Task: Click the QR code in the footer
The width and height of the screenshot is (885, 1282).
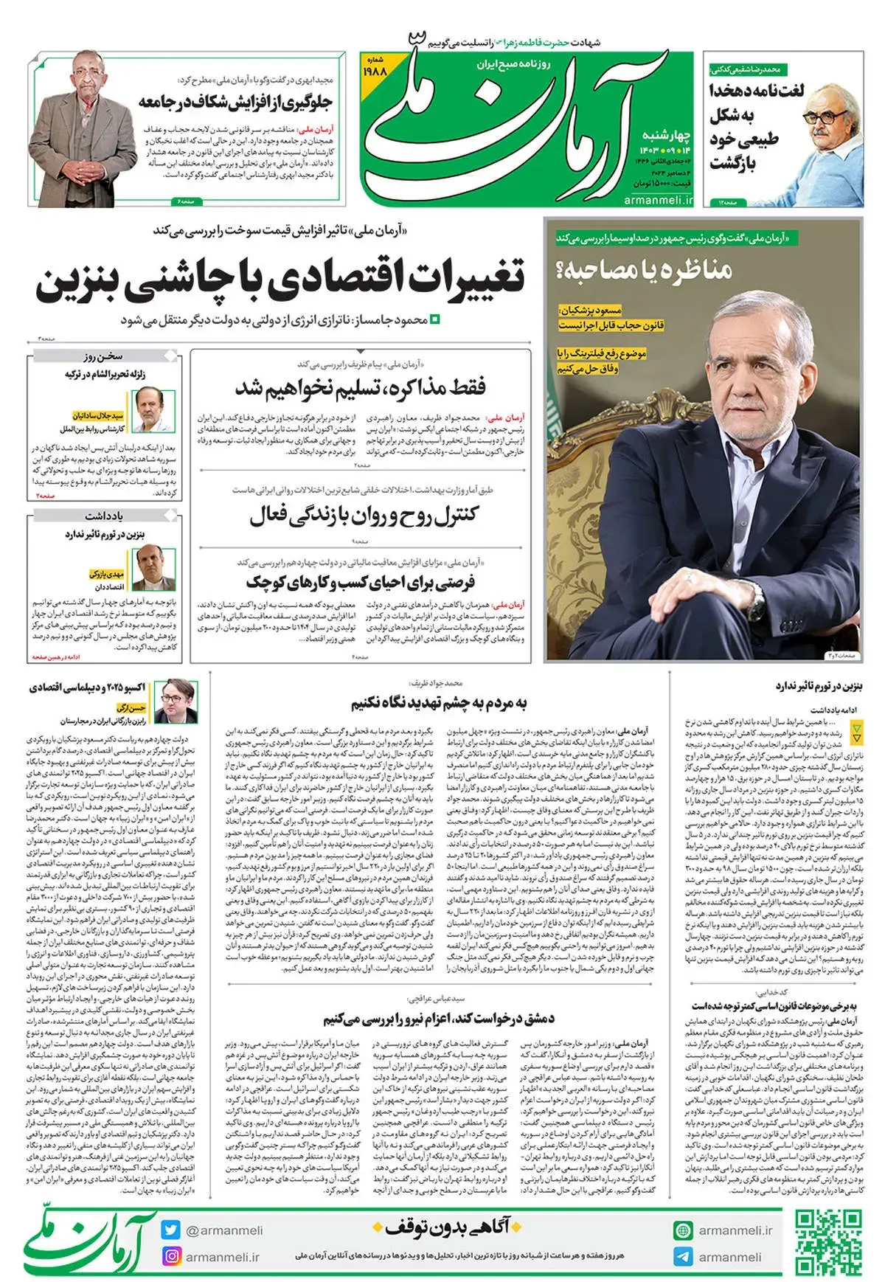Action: pyautogui.click(x=828, y=1242)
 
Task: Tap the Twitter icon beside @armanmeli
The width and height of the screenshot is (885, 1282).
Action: pyautogui.click(x=171, y=1230)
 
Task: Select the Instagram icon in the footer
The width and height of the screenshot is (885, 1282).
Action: pyautogui.click(x=171, y=1256)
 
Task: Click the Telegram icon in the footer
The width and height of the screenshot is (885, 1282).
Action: pyautogui.click(x=683, y=1256)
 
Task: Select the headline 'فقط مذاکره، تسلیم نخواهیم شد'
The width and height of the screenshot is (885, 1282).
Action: pyautogui.click(x=360, y=387)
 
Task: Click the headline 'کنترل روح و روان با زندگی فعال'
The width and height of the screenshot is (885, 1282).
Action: pyautogui.click(x=363, y=515)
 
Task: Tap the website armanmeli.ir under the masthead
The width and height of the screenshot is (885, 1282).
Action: pyautogui.click(x=658, y=200)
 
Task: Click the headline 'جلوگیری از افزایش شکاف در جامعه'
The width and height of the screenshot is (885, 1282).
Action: pyautogui.click(x=236, y=103)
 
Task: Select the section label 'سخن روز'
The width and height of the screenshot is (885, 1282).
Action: pyautogui.click(x=103, y=356)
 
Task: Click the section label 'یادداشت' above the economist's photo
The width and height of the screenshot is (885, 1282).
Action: pyautogui.click(x=103, y=516)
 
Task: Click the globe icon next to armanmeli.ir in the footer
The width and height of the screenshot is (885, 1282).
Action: pyautogui.click(x=683, y=1230)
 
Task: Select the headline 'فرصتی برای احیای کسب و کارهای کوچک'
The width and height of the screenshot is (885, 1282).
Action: pyautogui.click(x=360, y=583)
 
